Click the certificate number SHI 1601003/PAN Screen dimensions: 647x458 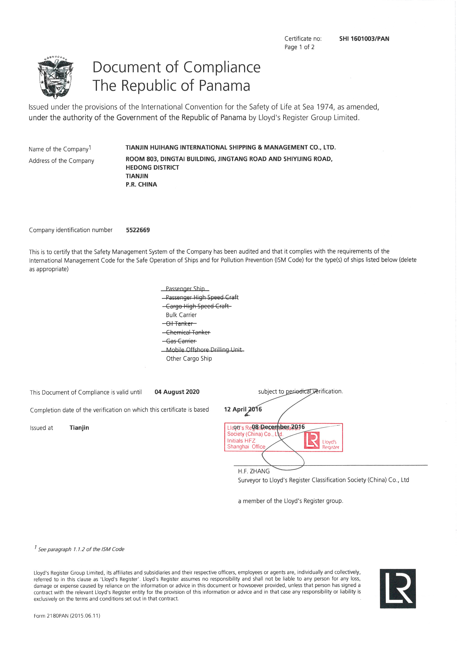pos(364,39)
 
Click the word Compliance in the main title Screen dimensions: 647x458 pos(222,67)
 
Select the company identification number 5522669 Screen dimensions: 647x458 pos(138,230)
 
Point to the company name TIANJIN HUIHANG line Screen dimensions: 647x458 pos(230,147)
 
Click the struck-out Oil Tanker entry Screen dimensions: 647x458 pos(180,324)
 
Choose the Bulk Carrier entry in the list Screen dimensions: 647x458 pos(181,315)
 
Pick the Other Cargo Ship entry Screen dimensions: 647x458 pos(189,358)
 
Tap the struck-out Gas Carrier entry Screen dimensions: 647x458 pos(181,341)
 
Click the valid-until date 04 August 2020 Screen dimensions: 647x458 pos(177,392)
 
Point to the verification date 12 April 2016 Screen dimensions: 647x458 pos(243,409)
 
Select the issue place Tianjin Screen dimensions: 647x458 pos(79,428)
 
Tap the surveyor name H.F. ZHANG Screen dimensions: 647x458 pos(254,471)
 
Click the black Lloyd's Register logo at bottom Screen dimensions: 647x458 pos(397,588)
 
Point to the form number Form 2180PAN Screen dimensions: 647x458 pos(67,616)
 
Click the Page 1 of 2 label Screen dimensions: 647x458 pos(299,47)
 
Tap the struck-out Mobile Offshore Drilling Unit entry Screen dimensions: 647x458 pos(203,350)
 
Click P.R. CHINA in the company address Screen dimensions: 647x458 pos(141,185)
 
